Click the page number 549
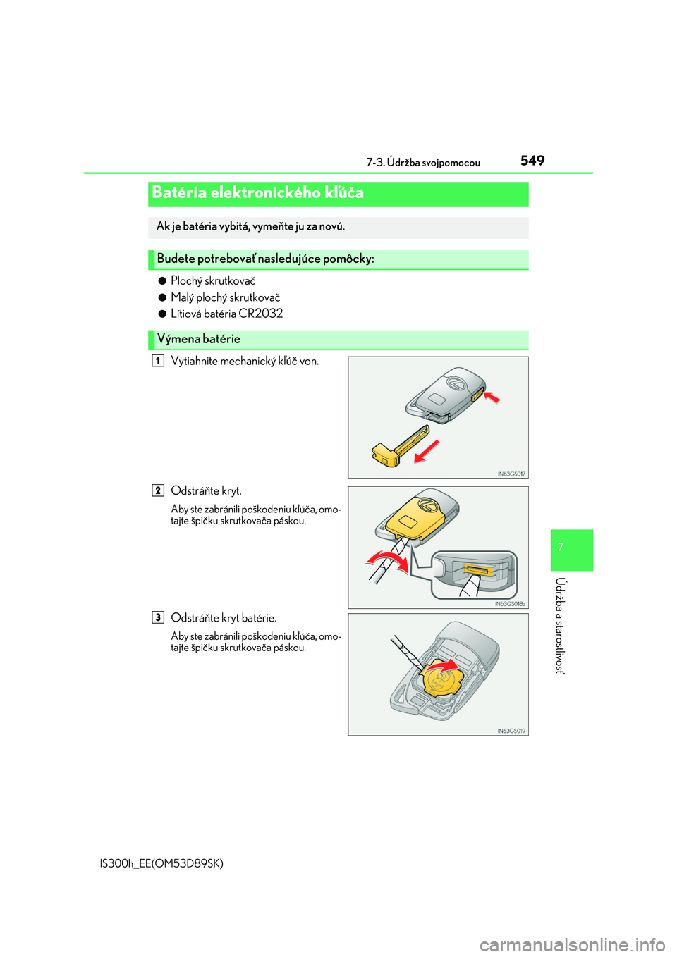[x=532, y=161]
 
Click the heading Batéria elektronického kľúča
[x=258, y=192]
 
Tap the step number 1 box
[x=158, y=361]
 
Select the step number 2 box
[x=158, y=490]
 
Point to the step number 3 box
[x=158, y=617]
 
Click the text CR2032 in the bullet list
[x=261, y=314]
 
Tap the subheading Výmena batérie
[x=199, y=339]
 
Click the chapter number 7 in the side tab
[x=561, y=548]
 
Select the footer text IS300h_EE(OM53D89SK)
[x=162, y=863]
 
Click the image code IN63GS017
[x=511, y=474]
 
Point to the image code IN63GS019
[x=511, y=731]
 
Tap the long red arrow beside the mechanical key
[x=426, y=451]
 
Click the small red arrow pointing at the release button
[x=492, y=397]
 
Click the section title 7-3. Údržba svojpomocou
[x=423, y=163]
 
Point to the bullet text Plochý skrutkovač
[x=213, y=280]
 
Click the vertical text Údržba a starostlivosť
[x=560, y=625]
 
